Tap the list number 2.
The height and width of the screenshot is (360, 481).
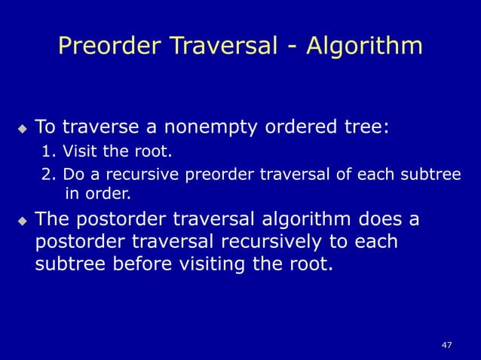click(x=47, y=175)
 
